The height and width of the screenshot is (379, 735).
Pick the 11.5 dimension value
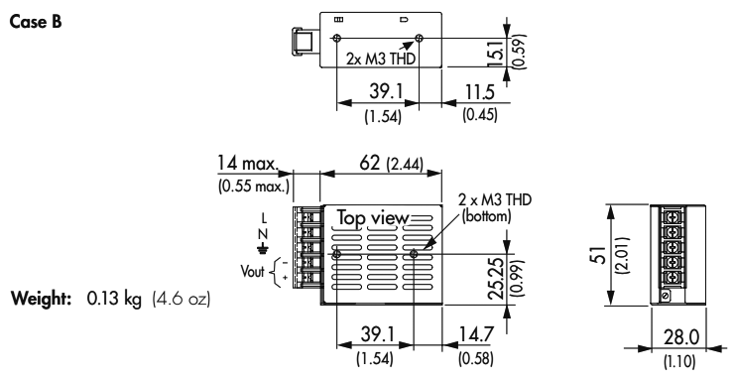click(x=480, y=93)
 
